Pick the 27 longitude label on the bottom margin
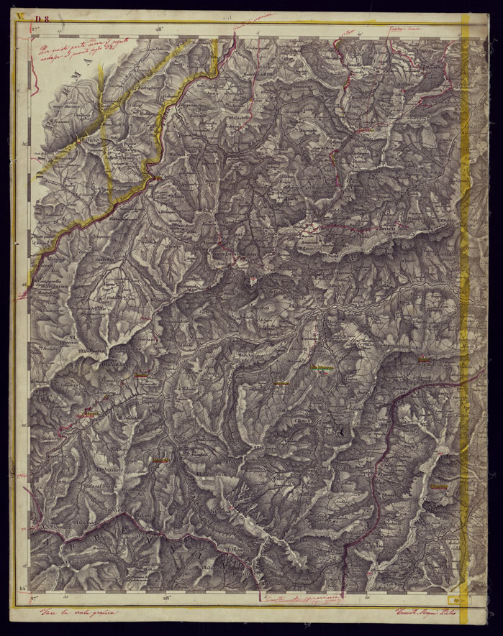tap(34, 598)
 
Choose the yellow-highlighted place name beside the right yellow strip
tap(439, 487)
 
